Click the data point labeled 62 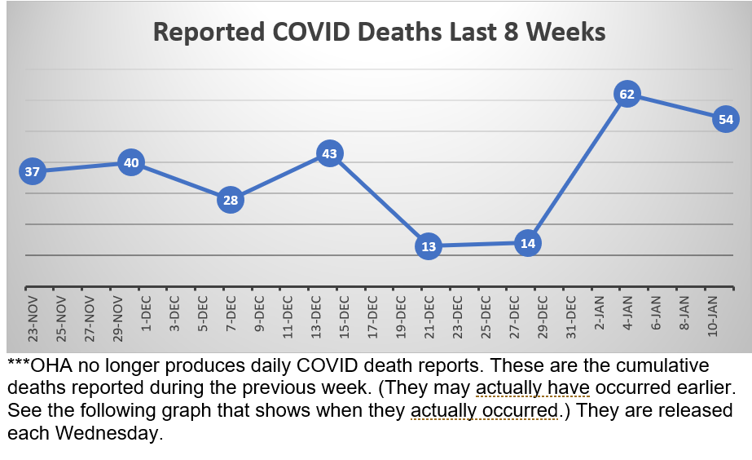click(x=627, y=95)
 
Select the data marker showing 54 click(x=725, y=120)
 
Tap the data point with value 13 click(x=429, y=246)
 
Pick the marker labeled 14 click(x=528, y=243)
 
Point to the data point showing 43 click(x=329, y=153)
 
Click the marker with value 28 click(x=231, y=200)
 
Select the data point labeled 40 click(x=131, y=162)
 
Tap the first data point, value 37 click(x=33, y=171)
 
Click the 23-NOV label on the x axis click(x=33, y=319)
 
